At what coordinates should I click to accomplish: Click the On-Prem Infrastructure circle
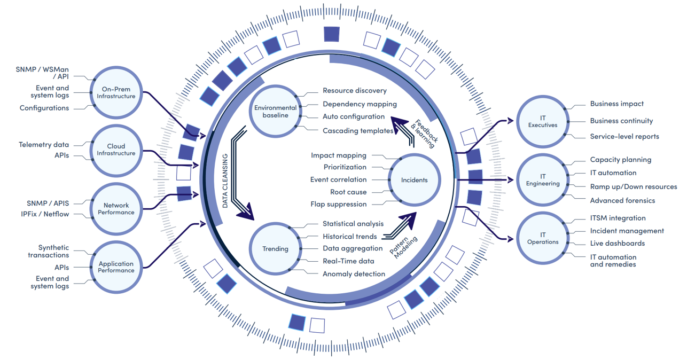click(x=116, y=92)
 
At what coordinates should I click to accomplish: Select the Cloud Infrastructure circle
click(x=116, y=150)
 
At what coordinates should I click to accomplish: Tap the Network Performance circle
click(x=116, y=209)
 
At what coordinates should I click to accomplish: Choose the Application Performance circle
click(x=116, y=267)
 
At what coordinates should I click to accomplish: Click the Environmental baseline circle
click(x=275, y=112)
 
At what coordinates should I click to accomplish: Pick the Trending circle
click(x=275, y=248)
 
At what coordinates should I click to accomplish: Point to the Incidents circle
click(x=414, y=180)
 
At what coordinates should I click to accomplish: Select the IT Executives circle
click(x=542, y=121)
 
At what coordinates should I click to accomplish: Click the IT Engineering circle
click(x=542, y=180)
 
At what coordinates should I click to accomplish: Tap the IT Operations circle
click(x=542, y=238)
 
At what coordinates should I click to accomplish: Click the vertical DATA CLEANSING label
click(x=225, y=181)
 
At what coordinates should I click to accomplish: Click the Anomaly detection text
click(x=354, y=274)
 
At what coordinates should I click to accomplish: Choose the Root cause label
click(x=348, y=192)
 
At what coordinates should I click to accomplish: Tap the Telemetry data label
click(x=44, y=145)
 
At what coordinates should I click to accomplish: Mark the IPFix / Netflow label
click(x=45, y=214)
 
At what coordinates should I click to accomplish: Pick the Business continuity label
click(x=621, y=121)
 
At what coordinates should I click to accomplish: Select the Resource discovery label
click(x=354, y=91)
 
